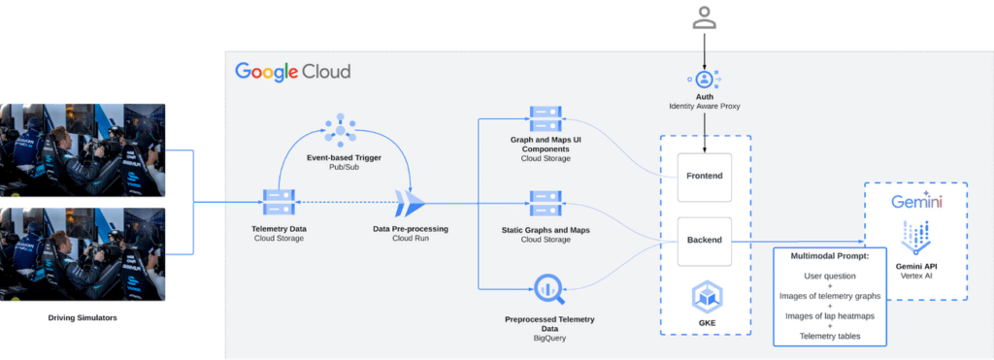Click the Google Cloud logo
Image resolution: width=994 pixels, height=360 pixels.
pyautogui.click(x=292, y=72)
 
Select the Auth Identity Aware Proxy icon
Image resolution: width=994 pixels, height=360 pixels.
pyautogui.click(x=705, y=79)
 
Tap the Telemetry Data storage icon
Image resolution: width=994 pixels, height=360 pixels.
pyautogui.click(x=279, y=203)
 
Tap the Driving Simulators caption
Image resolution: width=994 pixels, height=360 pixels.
pyautogui.click(x=83, y=317)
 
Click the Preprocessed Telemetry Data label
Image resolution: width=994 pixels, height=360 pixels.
pyautogui.click(x=549, y=324)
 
